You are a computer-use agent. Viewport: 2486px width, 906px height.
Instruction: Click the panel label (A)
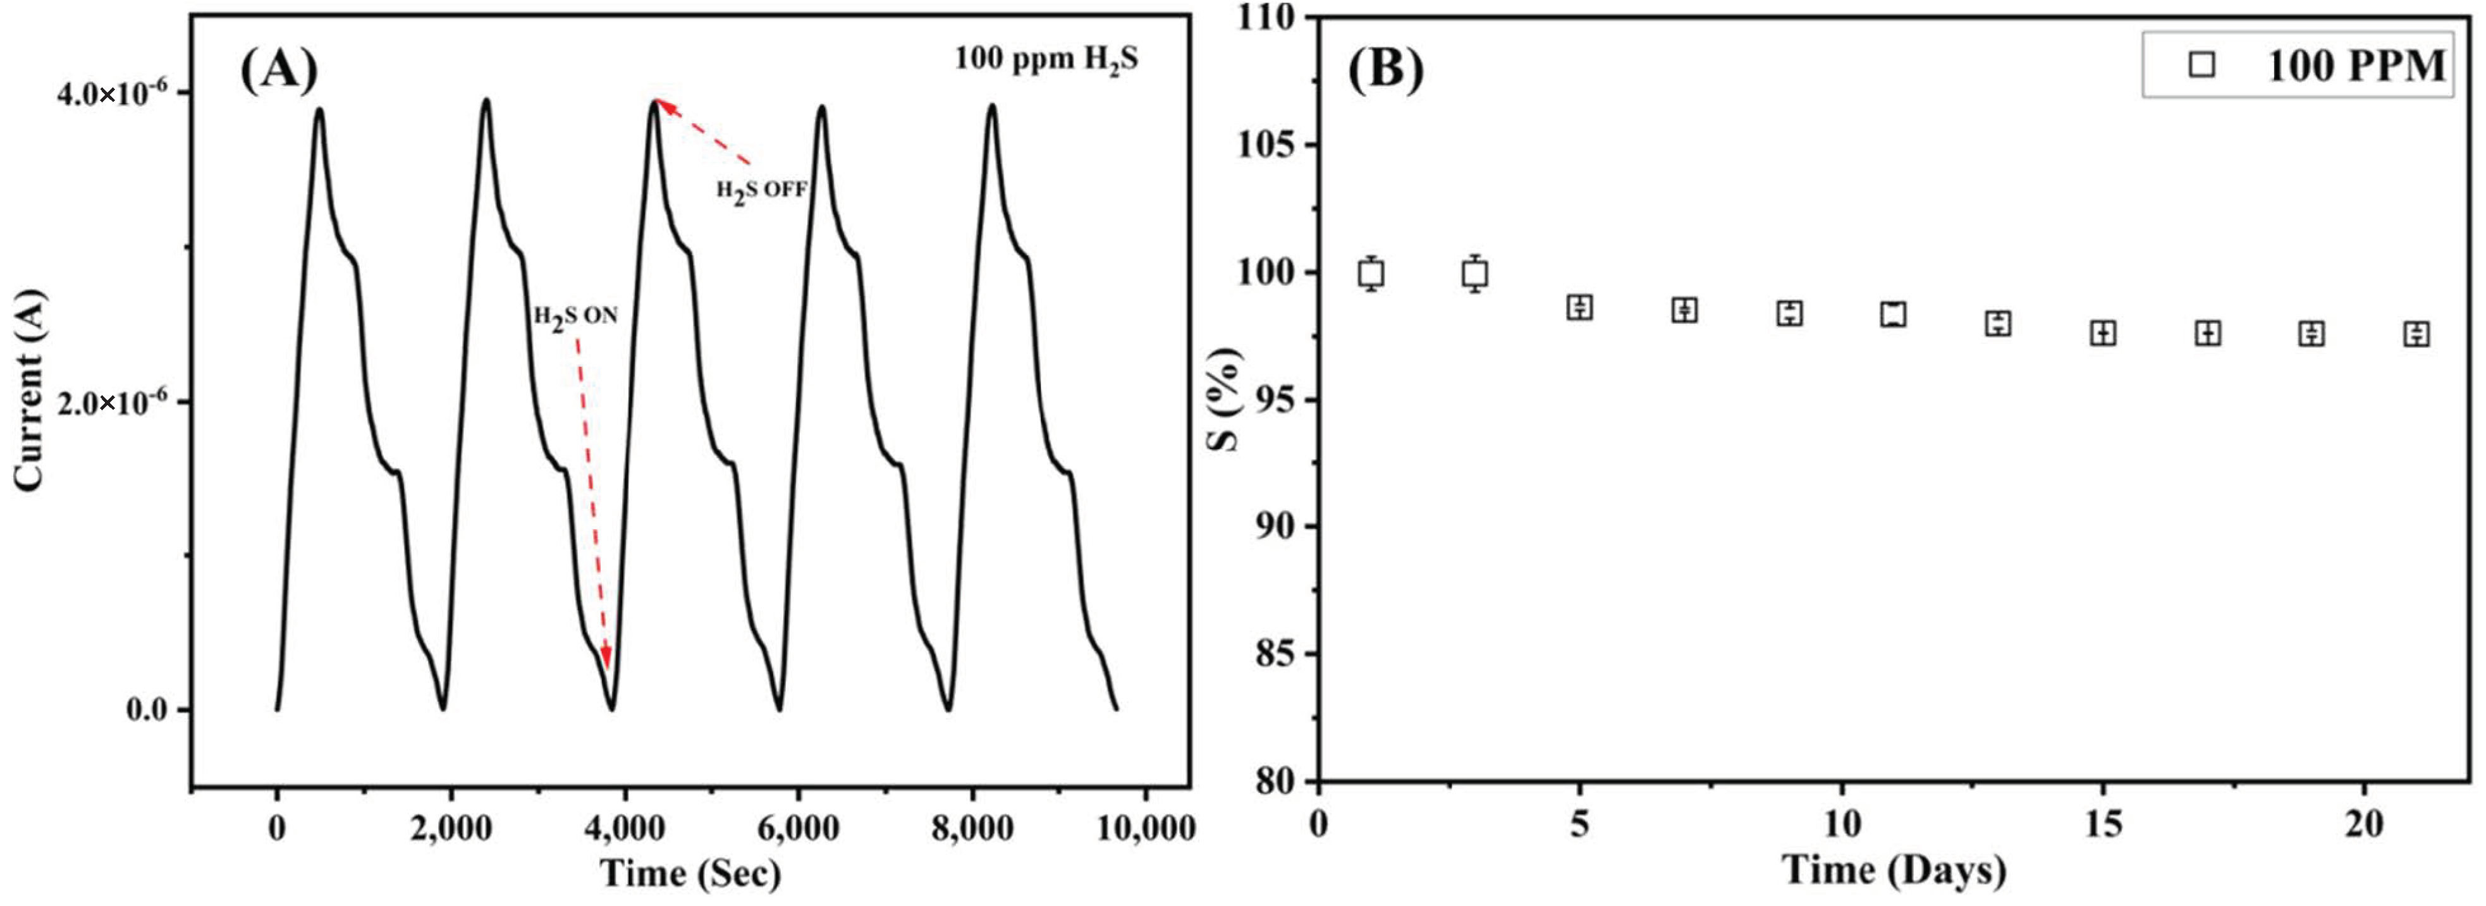[x=278, y=70]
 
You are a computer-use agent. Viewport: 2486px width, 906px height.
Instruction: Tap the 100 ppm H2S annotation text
[x=1046, y=60]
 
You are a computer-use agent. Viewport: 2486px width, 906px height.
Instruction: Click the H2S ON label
[x=575, y=317]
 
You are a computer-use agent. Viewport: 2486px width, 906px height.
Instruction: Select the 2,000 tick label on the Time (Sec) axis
[x=451, y=828]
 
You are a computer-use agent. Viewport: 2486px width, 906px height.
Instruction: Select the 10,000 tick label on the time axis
[x=1146, y=828]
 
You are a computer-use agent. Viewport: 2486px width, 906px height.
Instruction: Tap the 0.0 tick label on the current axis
[x=147, y=710]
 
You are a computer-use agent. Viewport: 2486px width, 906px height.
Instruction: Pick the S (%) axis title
[x=1226, y=398]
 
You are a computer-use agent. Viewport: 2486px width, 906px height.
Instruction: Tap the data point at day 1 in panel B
[x=1370, y=273]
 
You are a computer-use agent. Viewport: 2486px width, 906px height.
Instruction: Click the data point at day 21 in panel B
[x=2416, y=334]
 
